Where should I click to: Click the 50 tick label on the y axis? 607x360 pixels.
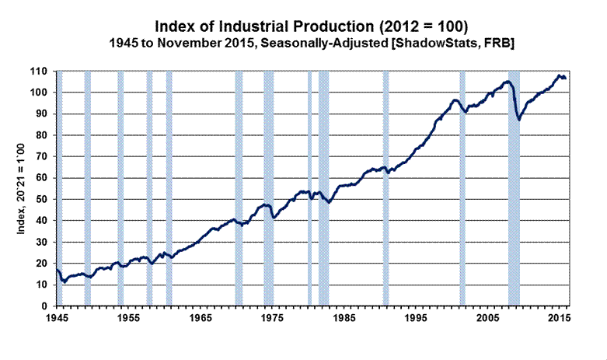click(47, 200)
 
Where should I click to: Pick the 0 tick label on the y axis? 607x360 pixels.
click(49, 306)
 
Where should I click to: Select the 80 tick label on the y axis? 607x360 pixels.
click(47, 135)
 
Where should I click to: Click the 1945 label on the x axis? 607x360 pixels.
click(57, 318)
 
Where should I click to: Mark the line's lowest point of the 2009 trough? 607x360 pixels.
click(518, 120)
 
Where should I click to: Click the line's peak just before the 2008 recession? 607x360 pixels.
click(507, 82)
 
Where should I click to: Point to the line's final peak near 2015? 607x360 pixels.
click(558, 75)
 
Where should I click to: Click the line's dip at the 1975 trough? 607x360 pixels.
click(274, 218)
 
